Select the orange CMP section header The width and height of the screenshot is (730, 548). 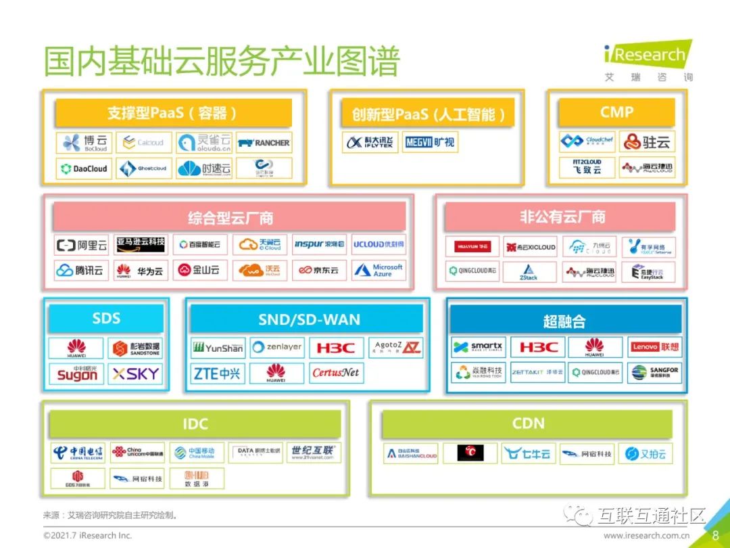pyautogui.click(x=616, y=112)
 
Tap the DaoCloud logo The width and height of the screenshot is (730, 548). pyautogui.click(x=84, y=168)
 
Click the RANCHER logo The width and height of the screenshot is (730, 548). pyautogui.click(x=264, y=143)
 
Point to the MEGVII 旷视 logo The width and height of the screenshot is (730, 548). pyautogui.click(x=430, y=142)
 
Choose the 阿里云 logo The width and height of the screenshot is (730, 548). pyautogui.click(x=82, y=245)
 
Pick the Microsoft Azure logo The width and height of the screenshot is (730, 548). pyautogui.click(x=379, y=270)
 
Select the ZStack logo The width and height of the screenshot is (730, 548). pyautogui.click(x=529, y=272)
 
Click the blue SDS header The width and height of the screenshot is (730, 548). pyautogui.click(x=106, y=318)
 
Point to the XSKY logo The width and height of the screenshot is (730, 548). pyautogui.click(x=135, y=373)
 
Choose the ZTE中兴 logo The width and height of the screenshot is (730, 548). pyautogui.click(x=217, y=373)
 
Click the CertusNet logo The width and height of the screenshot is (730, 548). pyautogui.click(x=335, y=373)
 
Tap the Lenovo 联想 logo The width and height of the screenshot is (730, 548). pyautogui.click(x=655, y=347)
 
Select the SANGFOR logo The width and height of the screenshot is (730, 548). pyautogui.click(x=655, y=372)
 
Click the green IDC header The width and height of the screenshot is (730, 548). pyautogui.click(x=195, y=424)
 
